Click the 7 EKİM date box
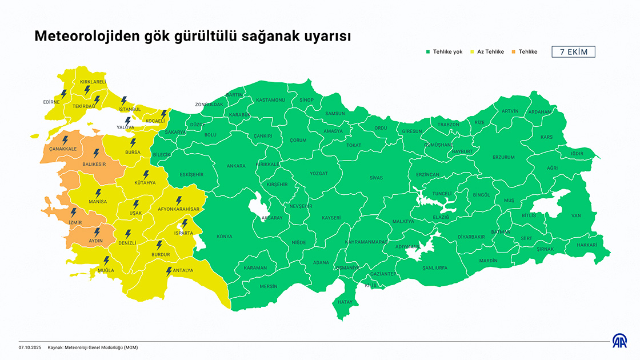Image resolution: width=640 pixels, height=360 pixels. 573,52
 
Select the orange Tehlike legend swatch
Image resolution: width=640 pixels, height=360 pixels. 513,52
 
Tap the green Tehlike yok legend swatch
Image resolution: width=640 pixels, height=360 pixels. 427,52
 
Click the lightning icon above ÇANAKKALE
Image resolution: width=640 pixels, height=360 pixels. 65,139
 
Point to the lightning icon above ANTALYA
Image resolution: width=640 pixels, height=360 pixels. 169,271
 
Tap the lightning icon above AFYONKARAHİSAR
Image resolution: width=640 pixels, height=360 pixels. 179,201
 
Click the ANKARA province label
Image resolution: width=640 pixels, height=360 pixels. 236,166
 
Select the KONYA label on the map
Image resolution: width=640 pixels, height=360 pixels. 225,237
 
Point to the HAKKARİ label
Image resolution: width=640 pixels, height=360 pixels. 586,245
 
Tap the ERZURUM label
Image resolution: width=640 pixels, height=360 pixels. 503,157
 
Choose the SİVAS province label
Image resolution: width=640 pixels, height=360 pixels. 376,178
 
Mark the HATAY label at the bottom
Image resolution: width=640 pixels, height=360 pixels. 345,302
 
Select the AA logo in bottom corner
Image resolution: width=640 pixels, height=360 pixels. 619,342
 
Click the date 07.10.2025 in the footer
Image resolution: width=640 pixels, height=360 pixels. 30,347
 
